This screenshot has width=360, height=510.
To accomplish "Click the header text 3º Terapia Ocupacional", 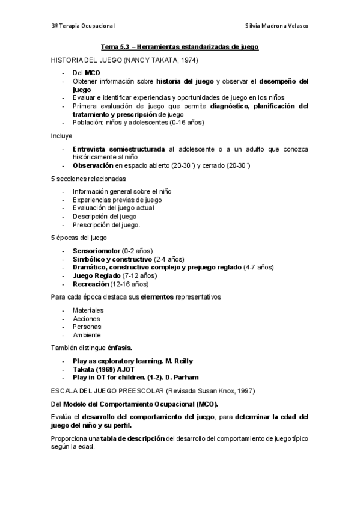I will click(83, 26).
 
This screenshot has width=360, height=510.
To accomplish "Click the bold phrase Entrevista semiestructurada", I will click(119, 148).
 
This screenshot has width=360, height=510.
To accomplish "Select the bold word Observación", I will click(93, 165).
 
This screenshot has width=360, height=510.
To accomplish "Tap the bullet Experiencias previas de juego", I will click(117, 200).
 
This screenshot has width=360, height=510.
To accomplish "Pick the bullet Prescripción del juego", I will click(106, 224).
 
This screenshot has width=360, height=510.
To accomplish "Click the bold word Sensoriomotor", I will click(96, 250).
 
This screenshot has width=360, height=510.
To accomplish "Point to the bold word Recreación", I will click(91, 284).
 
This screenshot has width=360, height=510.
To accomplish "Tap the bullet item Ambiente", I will click(87, 335).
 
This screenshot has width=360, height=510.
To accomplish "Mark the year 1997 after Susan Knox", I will click(227, 390).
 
